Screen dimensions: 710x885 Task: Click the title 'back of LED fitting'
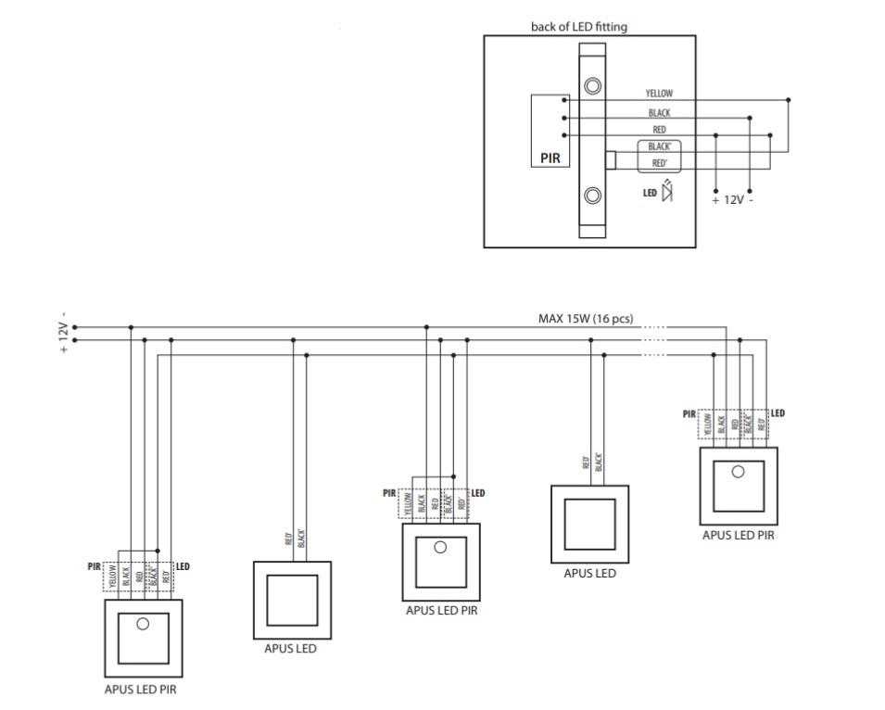pyautogui.click(x=578, y=27)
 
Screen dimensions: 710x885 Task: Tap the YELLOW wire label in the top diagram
pyautogui.click(x=659, y=94)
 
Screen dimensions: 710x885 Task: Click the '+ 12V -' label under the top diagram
pyautogui.click(x=732, y=200)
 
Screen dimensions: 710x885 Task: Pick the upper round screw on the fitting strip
pyautogui.click(x=592, y=87)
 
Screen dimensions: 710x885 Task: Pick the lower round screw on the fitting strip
pyautogui.click(x=592, y=195)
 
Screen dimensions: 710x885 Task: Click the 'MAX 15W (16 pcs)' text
pyautogui.click(x=586, y=319)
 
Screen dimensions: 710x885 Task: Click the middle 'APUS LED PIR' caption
pyautogui.click(x=441, y=610)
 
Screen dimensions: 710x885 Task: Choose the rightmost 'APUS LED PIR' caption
pyautogui.click(x=738, y=535)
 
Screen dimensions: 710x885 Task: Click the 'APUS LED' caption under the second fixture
pyautogui.click(x=292, y=649)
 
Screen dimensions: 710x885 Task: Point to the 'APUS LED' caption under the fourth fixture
pyautogui.click(x=589, y=573)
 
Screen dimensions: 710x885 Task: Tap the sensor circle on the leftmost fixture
pyautogui.click(x=143, y=624)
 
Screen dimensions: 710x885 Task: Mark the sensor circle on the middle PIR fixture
pyautogui.click(x=440, y=547)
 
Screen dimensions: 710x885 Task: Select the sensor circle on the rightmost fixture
pyautogui.click(x=738, y=471)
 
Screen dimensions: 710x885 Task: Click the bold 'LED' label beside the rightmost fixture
pyautogui.click(x=778, y=413)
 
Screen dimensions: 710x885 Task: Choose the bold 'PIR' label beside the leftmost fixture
pyautogui.click(x=95, y=565)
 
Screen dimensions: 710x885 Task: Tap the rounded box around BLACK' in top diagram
pyautogui.click(x=659, y=147)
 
